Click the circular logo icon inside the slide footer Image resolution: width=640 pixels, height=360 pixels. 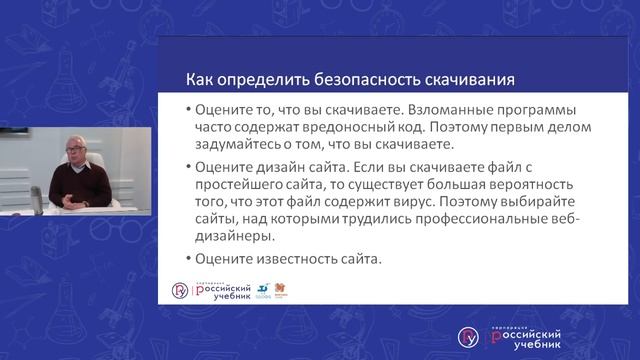point(180,290)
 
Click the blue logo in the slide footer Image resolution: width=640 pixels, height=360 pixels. point(262,290)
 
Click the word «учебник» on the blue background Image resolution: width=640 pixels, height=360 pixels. point(520,342)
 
